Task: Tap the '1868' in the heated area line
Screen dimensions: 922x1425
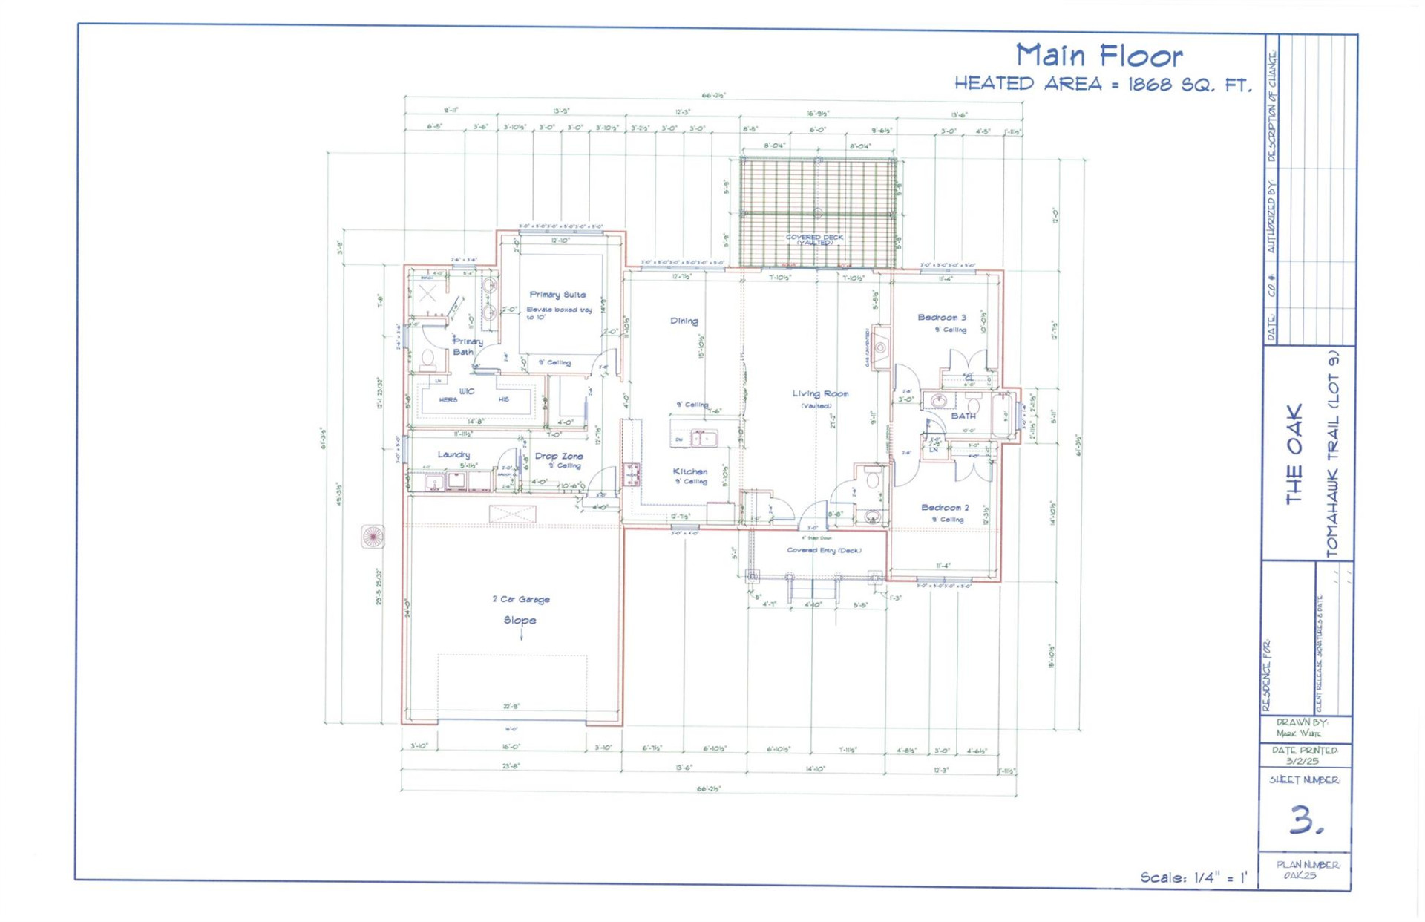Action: click(1150, 85)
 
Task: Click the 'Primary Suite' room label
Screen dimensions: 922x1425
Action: click(557, 295)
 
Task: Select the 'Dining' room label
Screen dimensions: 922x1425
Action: click(684, 321)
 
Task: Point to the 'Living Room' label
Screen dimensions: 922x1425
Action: click(819, 393)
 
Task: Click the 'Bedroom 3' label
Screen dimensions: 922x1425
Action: click(941, 317)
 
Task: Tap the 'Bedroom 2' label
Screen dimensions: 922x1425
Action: click(944, 507)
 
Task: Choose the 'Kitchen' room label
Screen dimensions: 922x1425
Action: click(689, 471)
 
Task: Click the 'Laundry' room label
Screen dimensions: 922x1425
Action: click(453, 454)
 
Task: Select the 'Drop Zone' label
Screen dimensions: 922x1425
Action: click(559, 456)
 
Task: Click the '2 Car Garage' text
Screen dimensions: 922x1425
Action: click(521, 599)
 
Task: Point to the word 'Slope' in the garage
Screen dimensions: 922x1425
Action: click(520, 620)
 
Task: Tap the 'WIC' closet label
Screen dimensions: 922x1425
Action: click(466, 391)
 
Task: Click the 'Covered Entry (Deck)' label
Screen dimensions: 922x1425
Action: click(824, 550)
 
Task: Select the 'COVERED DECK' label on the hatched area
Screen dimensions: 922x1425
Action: click(814, 238)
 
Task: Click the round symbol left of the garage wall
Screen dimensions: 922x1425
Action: click(373, 536)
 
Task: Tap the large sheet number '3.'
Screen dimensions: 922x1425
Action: click(1305, 820)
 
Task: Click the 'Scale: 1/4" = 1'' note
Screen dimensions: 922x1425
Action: click(1193, 877)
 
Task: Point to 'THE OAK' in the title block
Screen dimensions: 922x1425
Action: click(1294, 454)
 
